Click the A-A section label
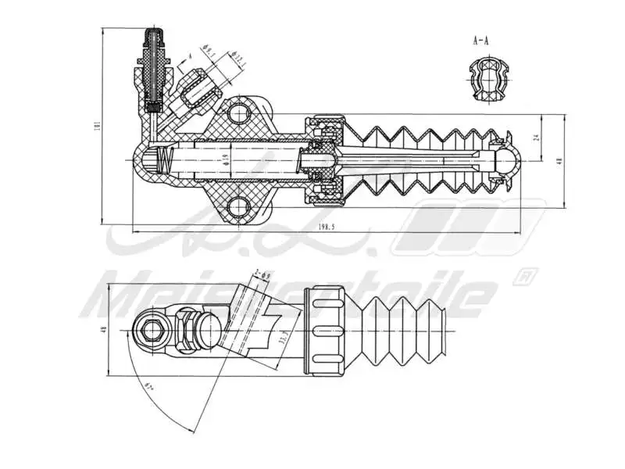pos(481,40)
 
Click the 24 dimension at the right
pos(536,137)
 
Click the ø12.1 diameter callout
pos(237,58)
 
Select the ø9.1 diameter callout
pos(208,50)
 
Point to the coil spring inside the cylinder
pos(164,161)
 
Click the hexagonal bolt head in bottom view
pos(151,331)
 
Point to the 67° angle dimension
pos(148,385)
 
